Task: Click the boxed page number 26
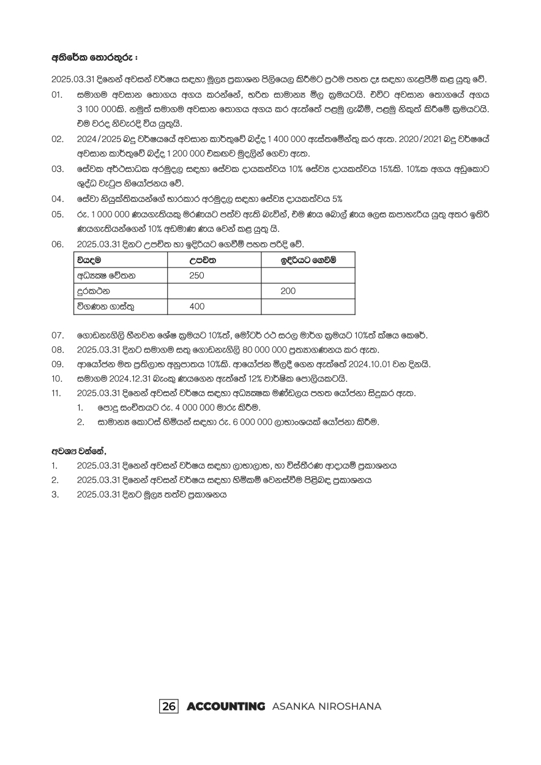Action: tap(169, 706)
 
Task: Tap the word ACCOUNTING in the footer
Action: tap(226, 706)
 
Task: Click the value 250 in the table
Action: tap(197, 276)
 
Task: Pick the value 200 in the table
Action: tap(288, 291)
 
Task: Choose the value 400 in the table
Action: tap(197, 307)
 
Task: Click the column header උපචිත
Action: tap(201, 261)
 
